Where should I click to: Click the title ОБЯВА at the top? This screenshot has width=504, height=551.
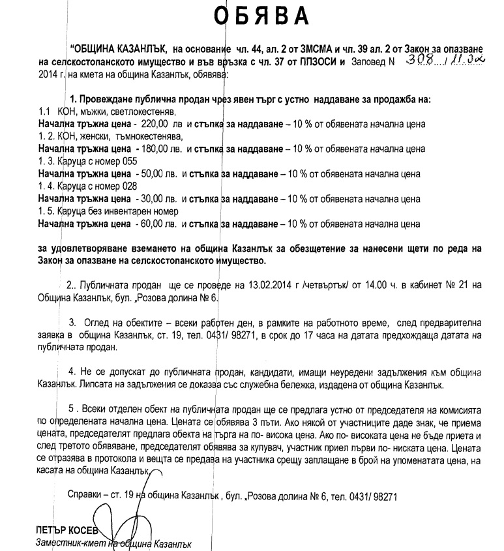click(x=253, y=14)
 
